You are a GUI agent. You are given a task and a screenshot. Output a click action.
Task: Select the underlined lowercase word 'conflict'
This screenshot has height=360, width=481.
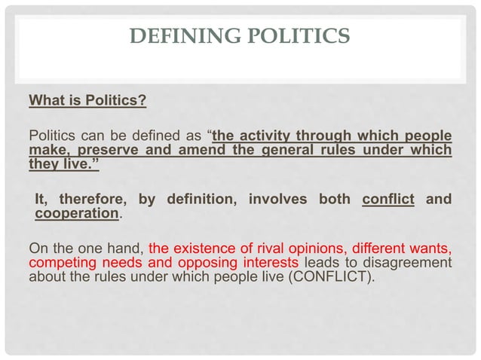(x=388, y=200)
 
